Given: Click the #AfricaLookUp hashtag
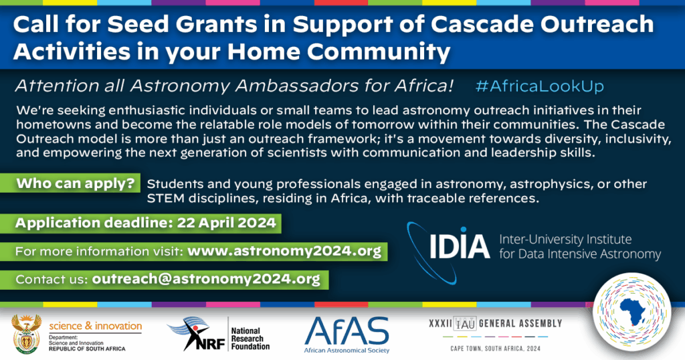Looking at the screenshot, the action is (x=540, y=86).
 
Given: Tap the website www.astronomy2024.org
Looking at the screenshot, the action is (x=284, y=251).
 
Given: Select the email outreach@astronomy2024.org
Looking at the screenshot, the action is (x=206, y=279).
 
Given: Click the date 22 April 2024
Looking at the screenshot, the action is (x=226, y=223).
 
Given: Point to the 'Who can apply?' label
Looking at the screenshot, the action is (x=76, y=183).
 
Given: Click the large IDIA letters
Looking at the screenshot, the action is (x=460, y=246).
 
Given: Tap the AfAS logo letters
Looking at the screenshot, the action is (x=347, y=331).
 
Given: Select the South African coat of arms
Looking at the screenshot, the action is (x=27, y=334).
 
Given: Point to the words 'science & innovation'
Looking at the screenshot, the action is (x=95, y=326).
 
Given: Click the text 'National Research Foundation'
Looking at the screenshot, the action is (x=250, y=339).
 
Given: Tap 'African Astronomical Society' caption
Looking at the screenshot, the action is (x=347, y=351).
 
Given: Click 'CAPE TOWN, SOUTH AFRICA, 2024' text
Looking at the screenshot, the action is (x=496, y=349).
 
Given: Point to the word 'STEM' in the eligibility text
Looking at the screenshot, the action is (x=161, y=198).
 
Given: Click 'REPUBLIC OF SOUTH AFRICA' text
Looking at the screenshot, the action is (x=87, y=349).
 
